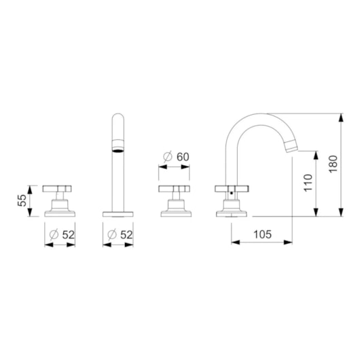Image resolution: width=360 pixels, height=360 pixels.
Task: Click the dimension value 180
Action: point(333,164)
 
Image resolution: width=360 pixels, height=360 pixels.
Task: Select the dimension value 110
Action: point(308,183)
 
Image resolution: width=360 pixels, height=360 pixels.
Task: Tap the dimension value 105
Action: point(262,234)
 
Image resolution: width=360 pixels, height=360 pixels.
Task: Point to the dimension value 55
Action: point(22,200)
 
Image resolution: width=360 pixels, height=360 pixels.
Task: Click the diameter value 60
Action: point(183,157)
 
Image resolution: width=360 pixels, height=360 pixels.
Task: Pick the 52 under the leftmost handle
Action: point(69,234)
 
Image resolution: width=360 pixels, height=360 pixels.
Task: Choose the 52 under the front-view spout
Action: point(127,234)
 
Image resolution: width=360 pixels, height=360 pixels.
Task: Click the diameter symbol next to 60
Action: point(168,157)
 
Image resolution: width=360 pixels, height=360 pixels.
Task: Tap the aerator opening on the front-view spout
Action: point(118,151)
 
